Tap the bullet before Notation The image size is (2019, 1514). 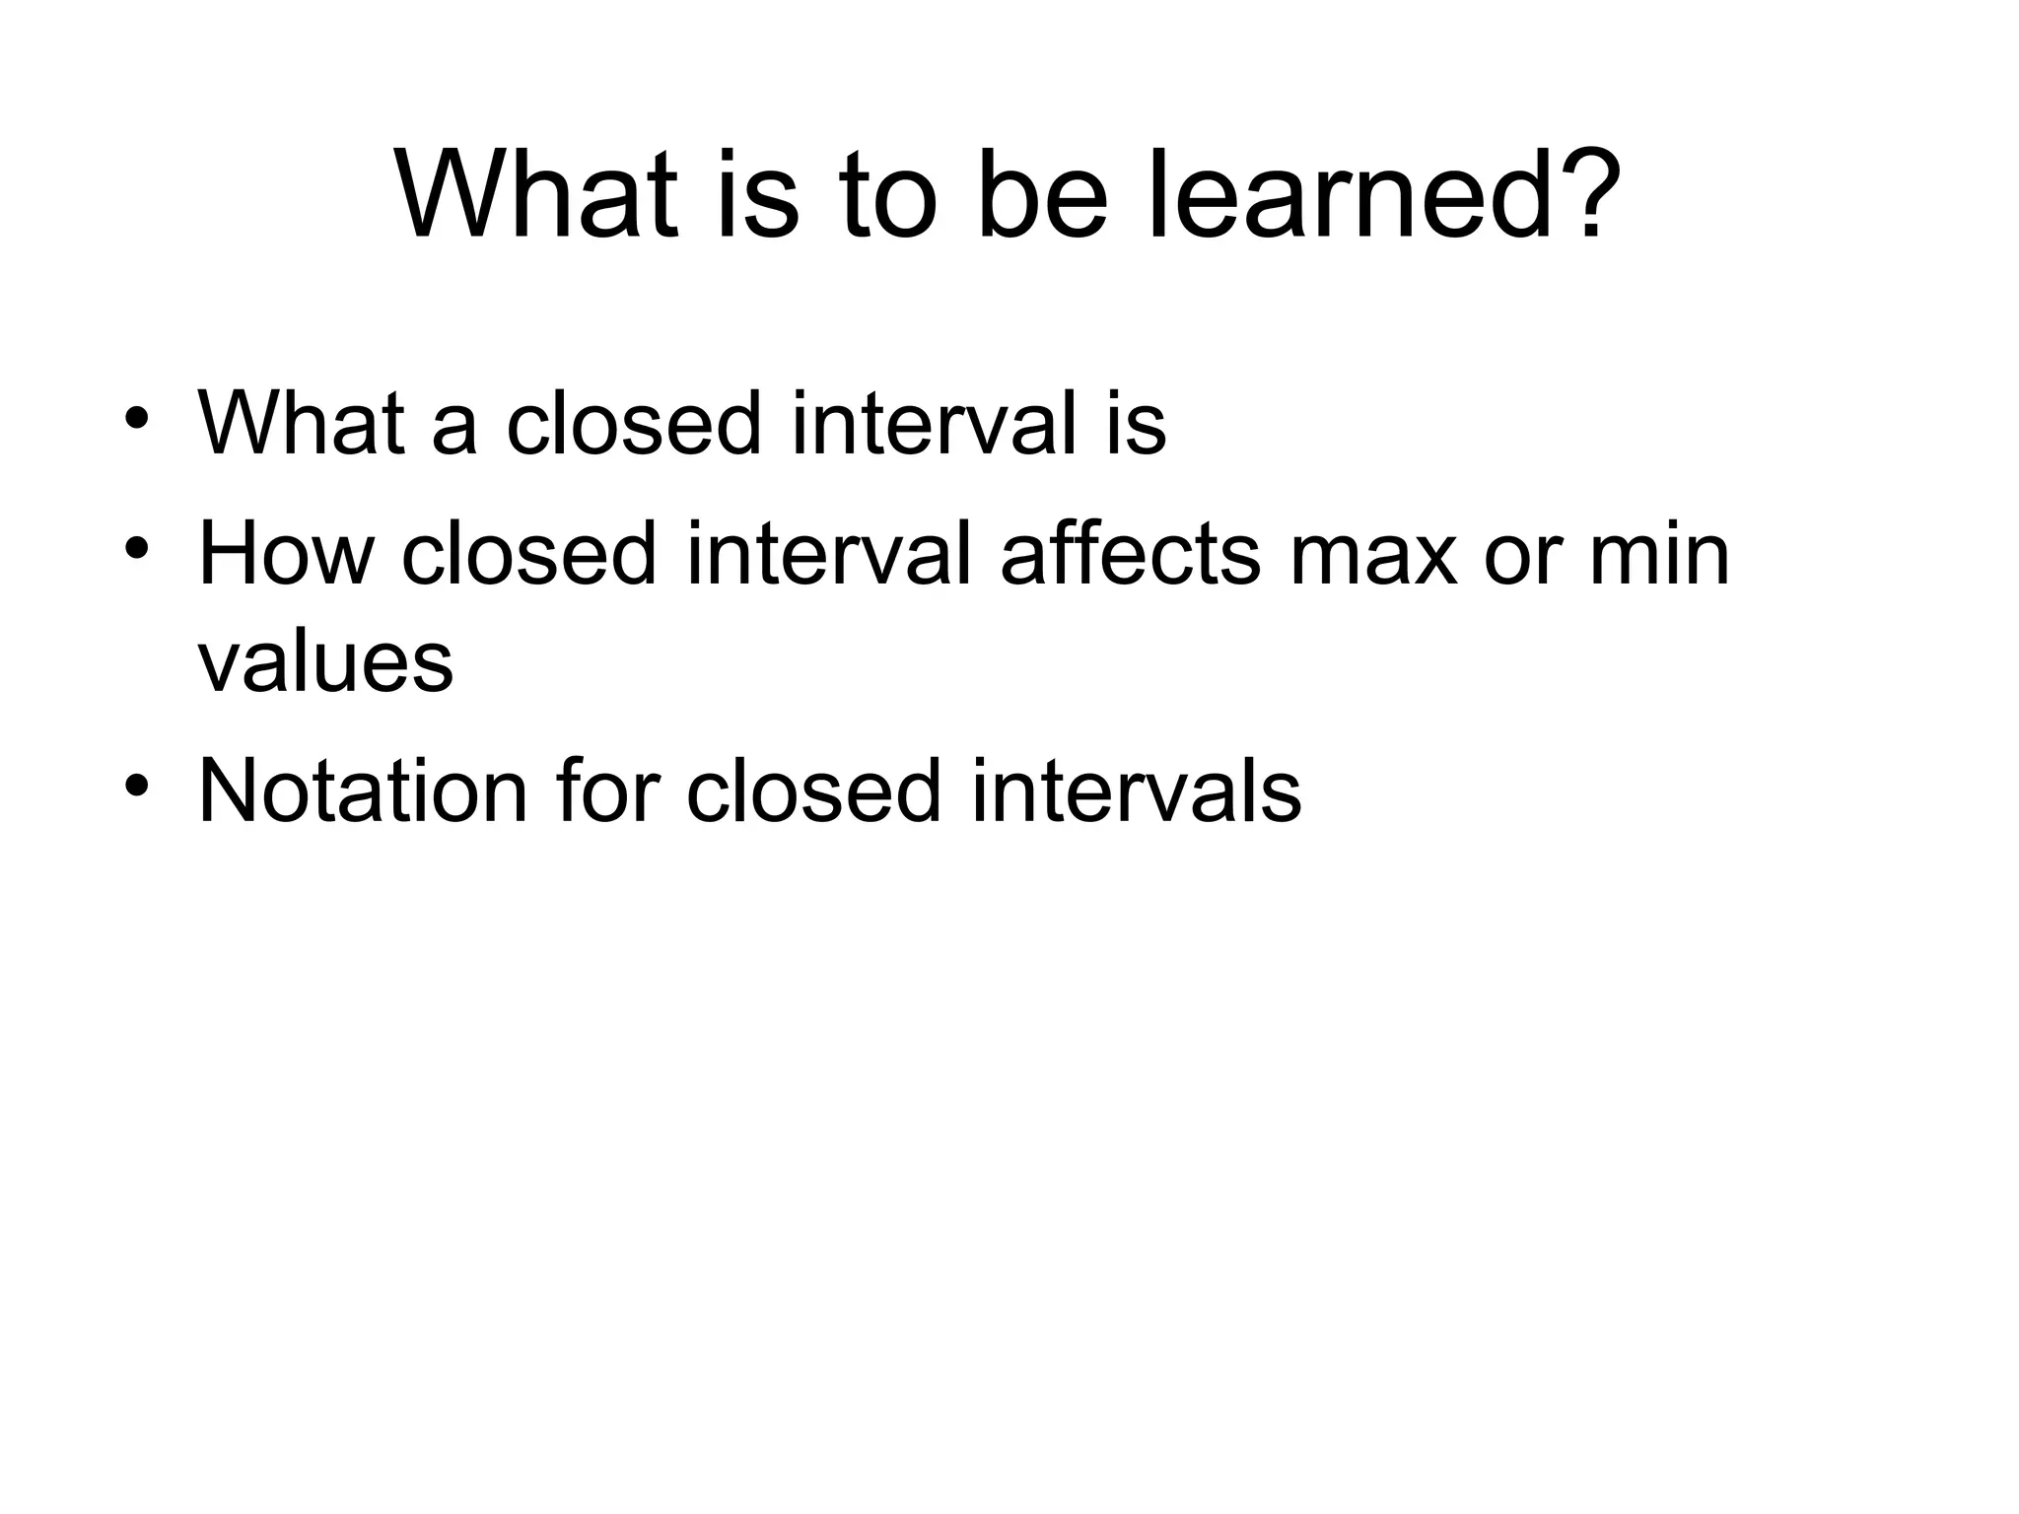(137, 785)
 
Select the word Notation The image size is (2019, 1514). (363, 791)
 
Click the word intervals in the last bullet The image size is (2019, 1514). (1136, 791)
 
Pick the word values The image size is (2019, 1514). (325, 662)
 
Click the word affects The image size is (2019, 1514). (1130, 554)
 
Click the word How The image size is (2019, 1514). (286, 554)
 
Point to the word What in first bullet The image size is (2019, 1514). (302, 424)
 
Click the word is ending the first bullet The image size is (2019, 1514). (1135, 424)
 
